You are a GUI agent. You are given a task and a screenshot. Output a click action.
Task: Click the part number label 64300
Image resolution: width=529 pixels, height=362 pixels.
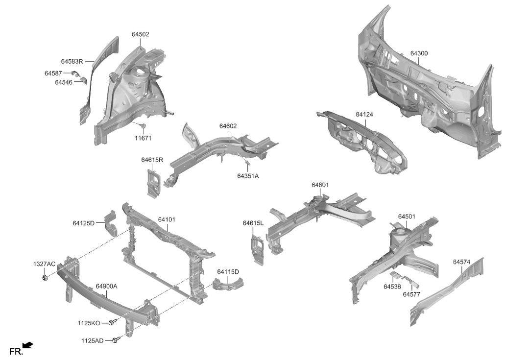419,53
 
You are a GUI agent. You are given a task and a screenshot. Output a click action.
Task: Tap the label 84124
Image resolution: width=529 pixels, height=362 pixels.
364,114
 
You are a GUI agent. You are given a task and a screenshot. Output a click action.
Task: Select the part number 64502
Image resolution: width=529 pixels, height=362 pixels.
140,34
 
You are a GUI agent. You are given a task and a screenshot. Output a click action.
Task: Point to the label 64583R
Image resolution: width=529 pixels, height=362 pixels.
72,61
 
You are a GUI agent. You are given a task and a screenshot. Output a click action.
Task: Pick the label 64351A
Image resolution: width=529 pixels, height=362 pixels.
248,176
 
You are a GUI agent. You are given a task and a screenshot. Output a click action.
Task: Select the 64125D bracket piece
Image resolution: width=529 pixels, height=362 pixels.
110,223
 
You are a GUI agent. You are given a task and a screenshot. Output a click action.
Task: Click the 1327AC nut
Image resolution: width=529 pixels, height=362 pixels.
45,278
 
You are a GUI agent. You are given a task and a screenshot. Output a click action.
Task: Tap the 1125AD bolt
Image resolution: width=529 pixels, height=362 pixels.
116,339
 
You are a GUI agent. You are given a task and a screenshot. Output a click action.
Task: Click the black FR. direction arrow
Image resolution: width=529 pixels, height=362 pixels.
28,345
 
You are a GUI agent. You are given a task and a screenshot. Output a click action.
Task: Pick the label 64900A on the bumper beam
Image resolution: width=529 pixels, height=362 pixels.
106,287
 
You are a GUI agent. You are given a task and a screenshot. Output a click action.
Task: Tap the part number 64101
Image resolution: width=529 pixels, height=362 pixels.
167,219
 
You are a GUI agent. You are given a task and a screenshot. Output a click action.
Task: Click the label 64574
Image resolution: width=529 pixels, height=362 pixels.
461,262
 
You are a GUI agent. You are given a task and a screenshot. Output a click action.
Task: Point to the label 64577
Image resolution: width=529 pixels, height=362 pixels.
411,294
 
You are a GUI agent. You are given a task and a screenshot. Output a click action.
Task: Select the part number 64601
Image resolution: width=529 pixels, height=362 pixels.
320,185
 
